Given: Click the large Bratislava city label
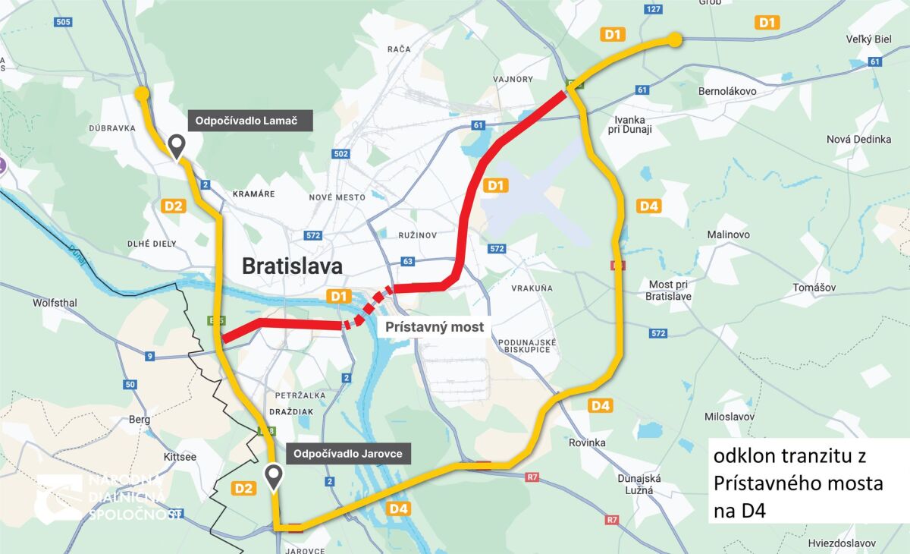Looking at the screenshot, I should (292, 266).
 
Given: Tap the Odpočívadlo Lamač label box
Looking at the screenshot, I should (250, 120).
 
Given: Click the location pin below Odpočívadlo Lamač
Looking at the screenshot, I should (177, 146).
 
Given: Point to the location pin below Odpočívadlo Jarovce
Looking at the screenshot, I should (274, 477).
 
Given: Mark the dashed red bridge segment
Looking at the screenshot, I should (367, 307).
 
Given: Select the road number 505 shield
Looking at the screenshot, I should (63, 21).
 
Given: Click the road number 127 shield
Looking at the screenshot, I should (654, 9).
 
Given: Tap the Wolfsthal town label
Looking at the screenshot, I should (55, 303).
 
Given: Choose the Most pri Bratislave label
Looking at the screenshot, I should (668, 291).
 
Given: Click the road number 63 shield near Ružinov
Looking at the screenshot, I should (408, 262).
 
